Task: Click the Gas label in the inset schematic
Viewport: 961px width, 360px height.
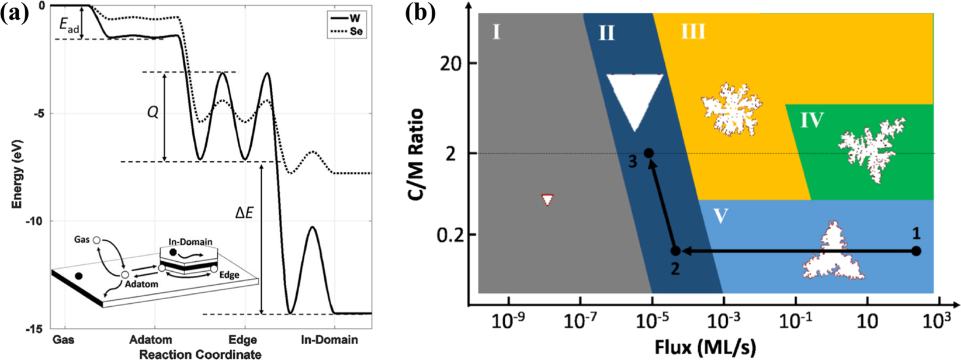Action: pyautogui.click(x=82, y=240)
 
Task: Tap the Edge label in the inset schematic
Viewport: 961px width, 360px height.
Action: pyautogui.click(x=229, y=275)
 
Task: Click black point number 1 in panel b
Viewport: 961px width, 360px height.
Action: pyautogui.click(x=916, y=251)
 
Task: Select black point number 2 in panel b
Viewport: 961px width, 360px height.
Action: pyautogui.click(x=675, y=251)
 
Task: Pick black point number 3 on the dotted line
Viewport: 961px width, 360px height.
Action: pyautogui.click(x=648, y=153)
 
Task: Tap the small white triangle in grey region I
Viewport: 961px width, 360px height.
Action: pyautogui.click(x=547, y=200)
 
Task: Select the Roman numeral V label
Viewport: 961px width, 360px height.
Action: pyautogui.click(x=721, y=216)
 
